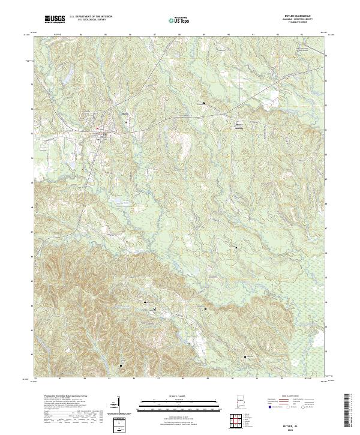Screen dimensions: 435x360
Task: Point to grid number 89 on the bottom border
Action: pyautogui.click(x=208, y=379)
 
